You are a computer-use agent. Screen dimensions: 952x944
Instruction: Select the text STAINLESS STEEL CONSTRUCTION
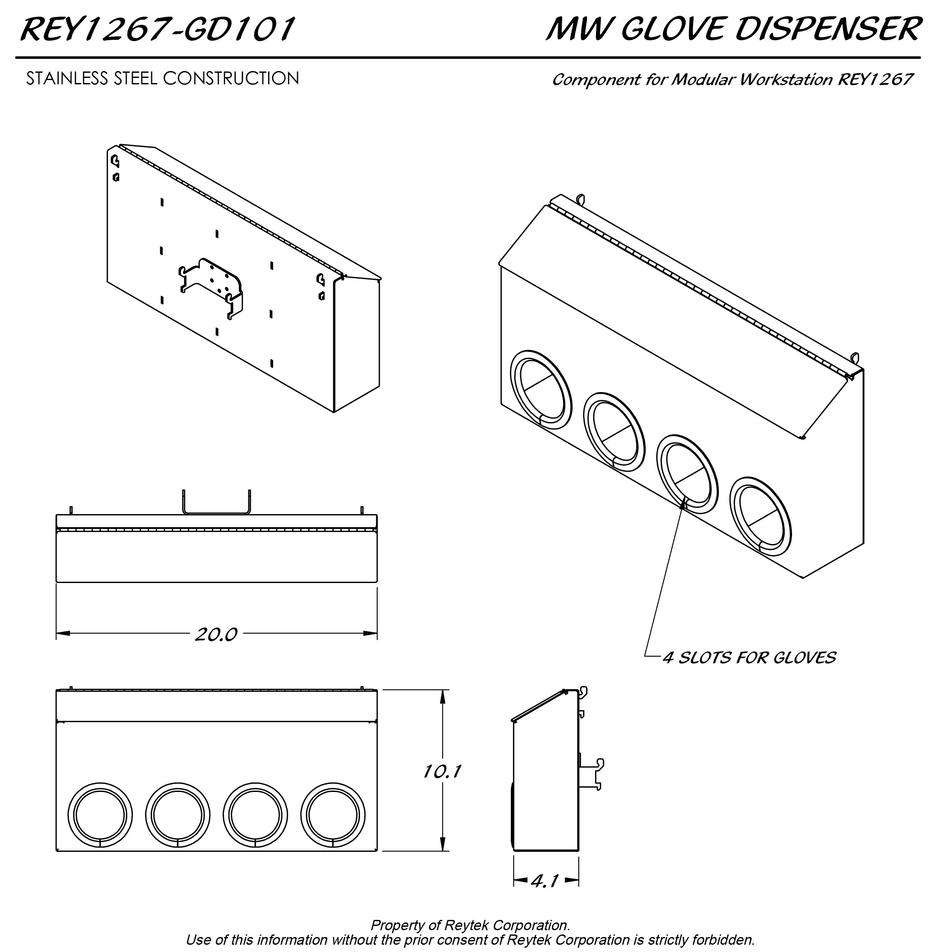click(162, 78)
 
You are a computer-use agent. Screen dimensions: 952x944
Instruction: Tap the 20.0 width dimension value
click(216, 634)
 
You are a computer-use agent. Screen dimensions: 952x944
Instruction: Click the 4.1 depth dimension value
click(545, 881)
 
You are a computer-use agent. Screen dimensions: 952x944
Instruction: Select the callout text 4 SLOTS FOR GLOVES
click(749, 657)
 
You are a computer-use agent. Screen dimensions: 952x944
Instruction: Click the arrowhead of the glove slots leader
click(683, 503)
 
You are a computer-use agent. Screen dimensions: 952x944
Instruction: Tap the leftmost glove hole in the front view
click(100, 815)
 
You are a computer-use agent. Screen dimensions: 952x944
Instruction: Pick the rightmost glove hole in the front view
click(333, 815)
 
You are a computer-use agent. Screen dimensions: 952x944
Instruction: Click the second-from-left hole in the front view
click(178, 815)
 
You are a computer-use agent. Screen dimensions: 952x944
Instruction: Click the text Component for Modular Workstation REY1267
click(732, 79)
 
